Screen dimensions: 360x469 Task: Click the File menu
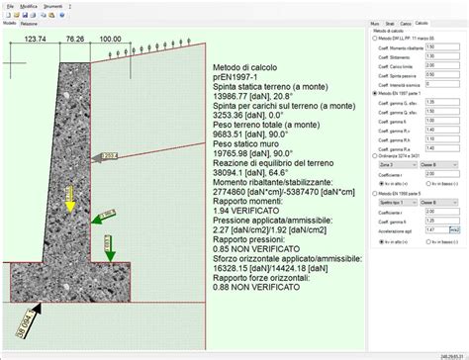pos(9,6)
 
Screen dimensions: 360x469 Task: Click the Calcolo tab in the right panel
pos(422,22)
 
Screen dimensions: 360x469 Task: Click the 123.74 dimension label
pos(36,41)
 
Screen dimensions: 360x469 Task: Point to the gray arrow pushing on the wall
pos(115,156)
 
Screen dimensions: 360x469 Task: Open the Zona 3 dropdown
pos(389,165)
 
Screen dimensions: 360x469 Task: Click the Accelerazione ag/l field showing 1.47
pos(434,228)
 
